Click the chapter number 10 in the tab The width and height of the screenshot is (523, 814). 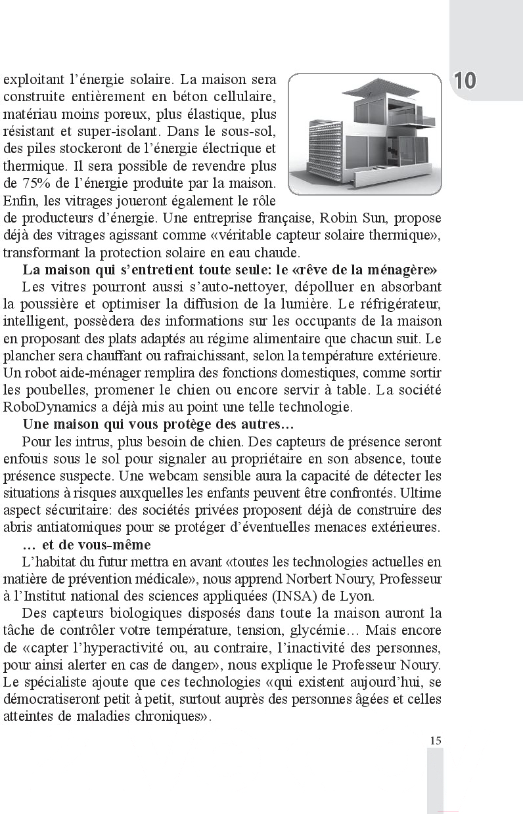465,81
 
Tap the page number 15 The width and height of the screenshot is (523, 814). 436,740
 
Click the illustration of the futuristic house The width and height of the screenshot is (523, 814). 365,135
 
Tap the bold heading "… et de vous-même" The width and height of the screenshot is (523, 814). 86,545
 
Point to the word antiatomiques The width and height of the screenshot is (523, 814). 67,527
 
